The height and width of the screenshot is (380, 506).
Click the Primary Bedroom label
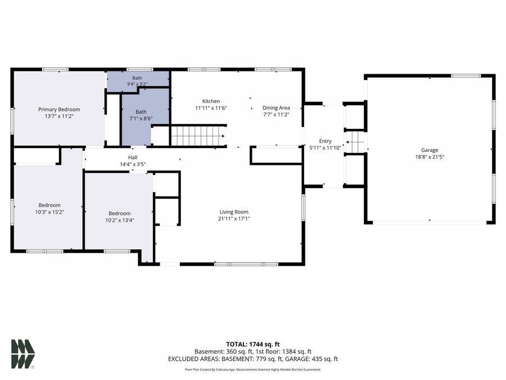coord(59,110)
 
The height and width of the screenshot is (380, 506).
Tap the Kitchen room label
coord(211,101)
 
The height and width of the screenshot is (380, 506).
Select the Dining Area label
coord(276,108)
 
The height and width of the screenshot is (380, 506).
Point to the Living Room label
coord(234,212)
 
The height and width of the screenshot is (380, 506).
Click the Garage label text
coord(430,150)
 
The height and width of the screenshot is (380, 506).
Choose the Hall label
coord(133,158)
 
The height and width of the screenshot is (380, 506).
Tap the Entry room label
coord(326,141)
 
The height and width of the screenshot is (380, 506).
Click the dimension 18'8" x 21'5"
coord(430,157)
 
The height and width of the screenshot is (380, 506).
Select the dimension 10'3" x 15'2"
coord(49,212)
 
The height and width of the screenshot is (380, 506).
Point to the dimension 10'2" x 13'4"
coord(120,220)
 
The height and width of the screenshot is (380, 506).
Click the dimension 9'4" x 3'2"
coord(137,84)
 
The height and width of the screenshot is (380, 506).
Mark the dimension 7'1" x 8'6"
coord(141,119)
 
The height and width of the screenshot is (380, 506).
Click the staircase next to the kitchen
coord(198,136)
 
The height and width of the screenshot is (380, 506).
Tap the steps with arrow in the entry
coord(355,142)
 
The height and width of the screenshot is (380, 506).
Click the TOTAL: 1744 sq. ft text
coord(253,344)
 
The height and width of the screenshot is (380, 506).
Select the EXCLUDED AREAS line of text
coord(253,359)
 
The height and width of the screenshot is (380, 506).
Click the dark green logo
coord(22,354)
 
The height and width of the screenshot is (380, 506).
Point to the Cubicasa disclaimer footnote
coord(253,369)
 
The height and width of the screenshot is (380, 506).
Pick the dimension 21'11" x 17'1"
coord(234,219)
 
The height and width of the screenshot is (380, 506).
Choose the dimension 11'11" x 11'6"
coord(211,108)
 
